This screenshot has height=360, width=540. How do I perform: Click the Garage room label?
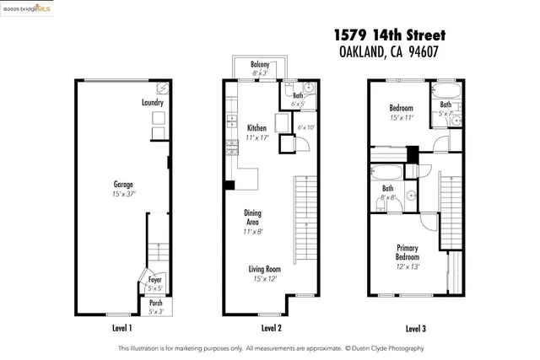click(123, 183)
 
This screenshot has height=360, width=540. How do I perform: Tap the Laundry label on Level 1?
click(152, 103)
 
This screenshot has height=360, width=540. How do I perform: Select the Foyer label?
click(155, 279)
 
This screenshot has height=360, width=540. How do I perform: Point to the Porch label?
click(155, 304)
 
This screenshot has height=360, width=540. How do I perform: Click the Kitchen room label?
click(256, 128)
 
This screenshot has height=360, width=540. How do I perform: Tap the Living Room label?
click(265, 270)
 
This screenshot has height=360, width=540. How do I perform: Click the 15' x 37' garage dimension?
click(123, 193)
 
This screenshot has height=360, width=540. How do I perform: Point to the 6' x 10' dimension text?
click(305, 127)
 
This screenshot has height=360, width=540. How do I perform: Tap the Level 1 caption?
click(122, 328)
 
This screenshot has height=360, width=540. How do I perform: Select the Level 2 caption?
click(267, 328)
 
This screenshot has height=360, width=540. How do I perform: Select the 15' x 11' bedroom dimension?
click(401, 118)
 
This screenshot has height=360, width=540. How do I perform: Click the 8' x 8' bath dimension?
click(388, 197)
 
